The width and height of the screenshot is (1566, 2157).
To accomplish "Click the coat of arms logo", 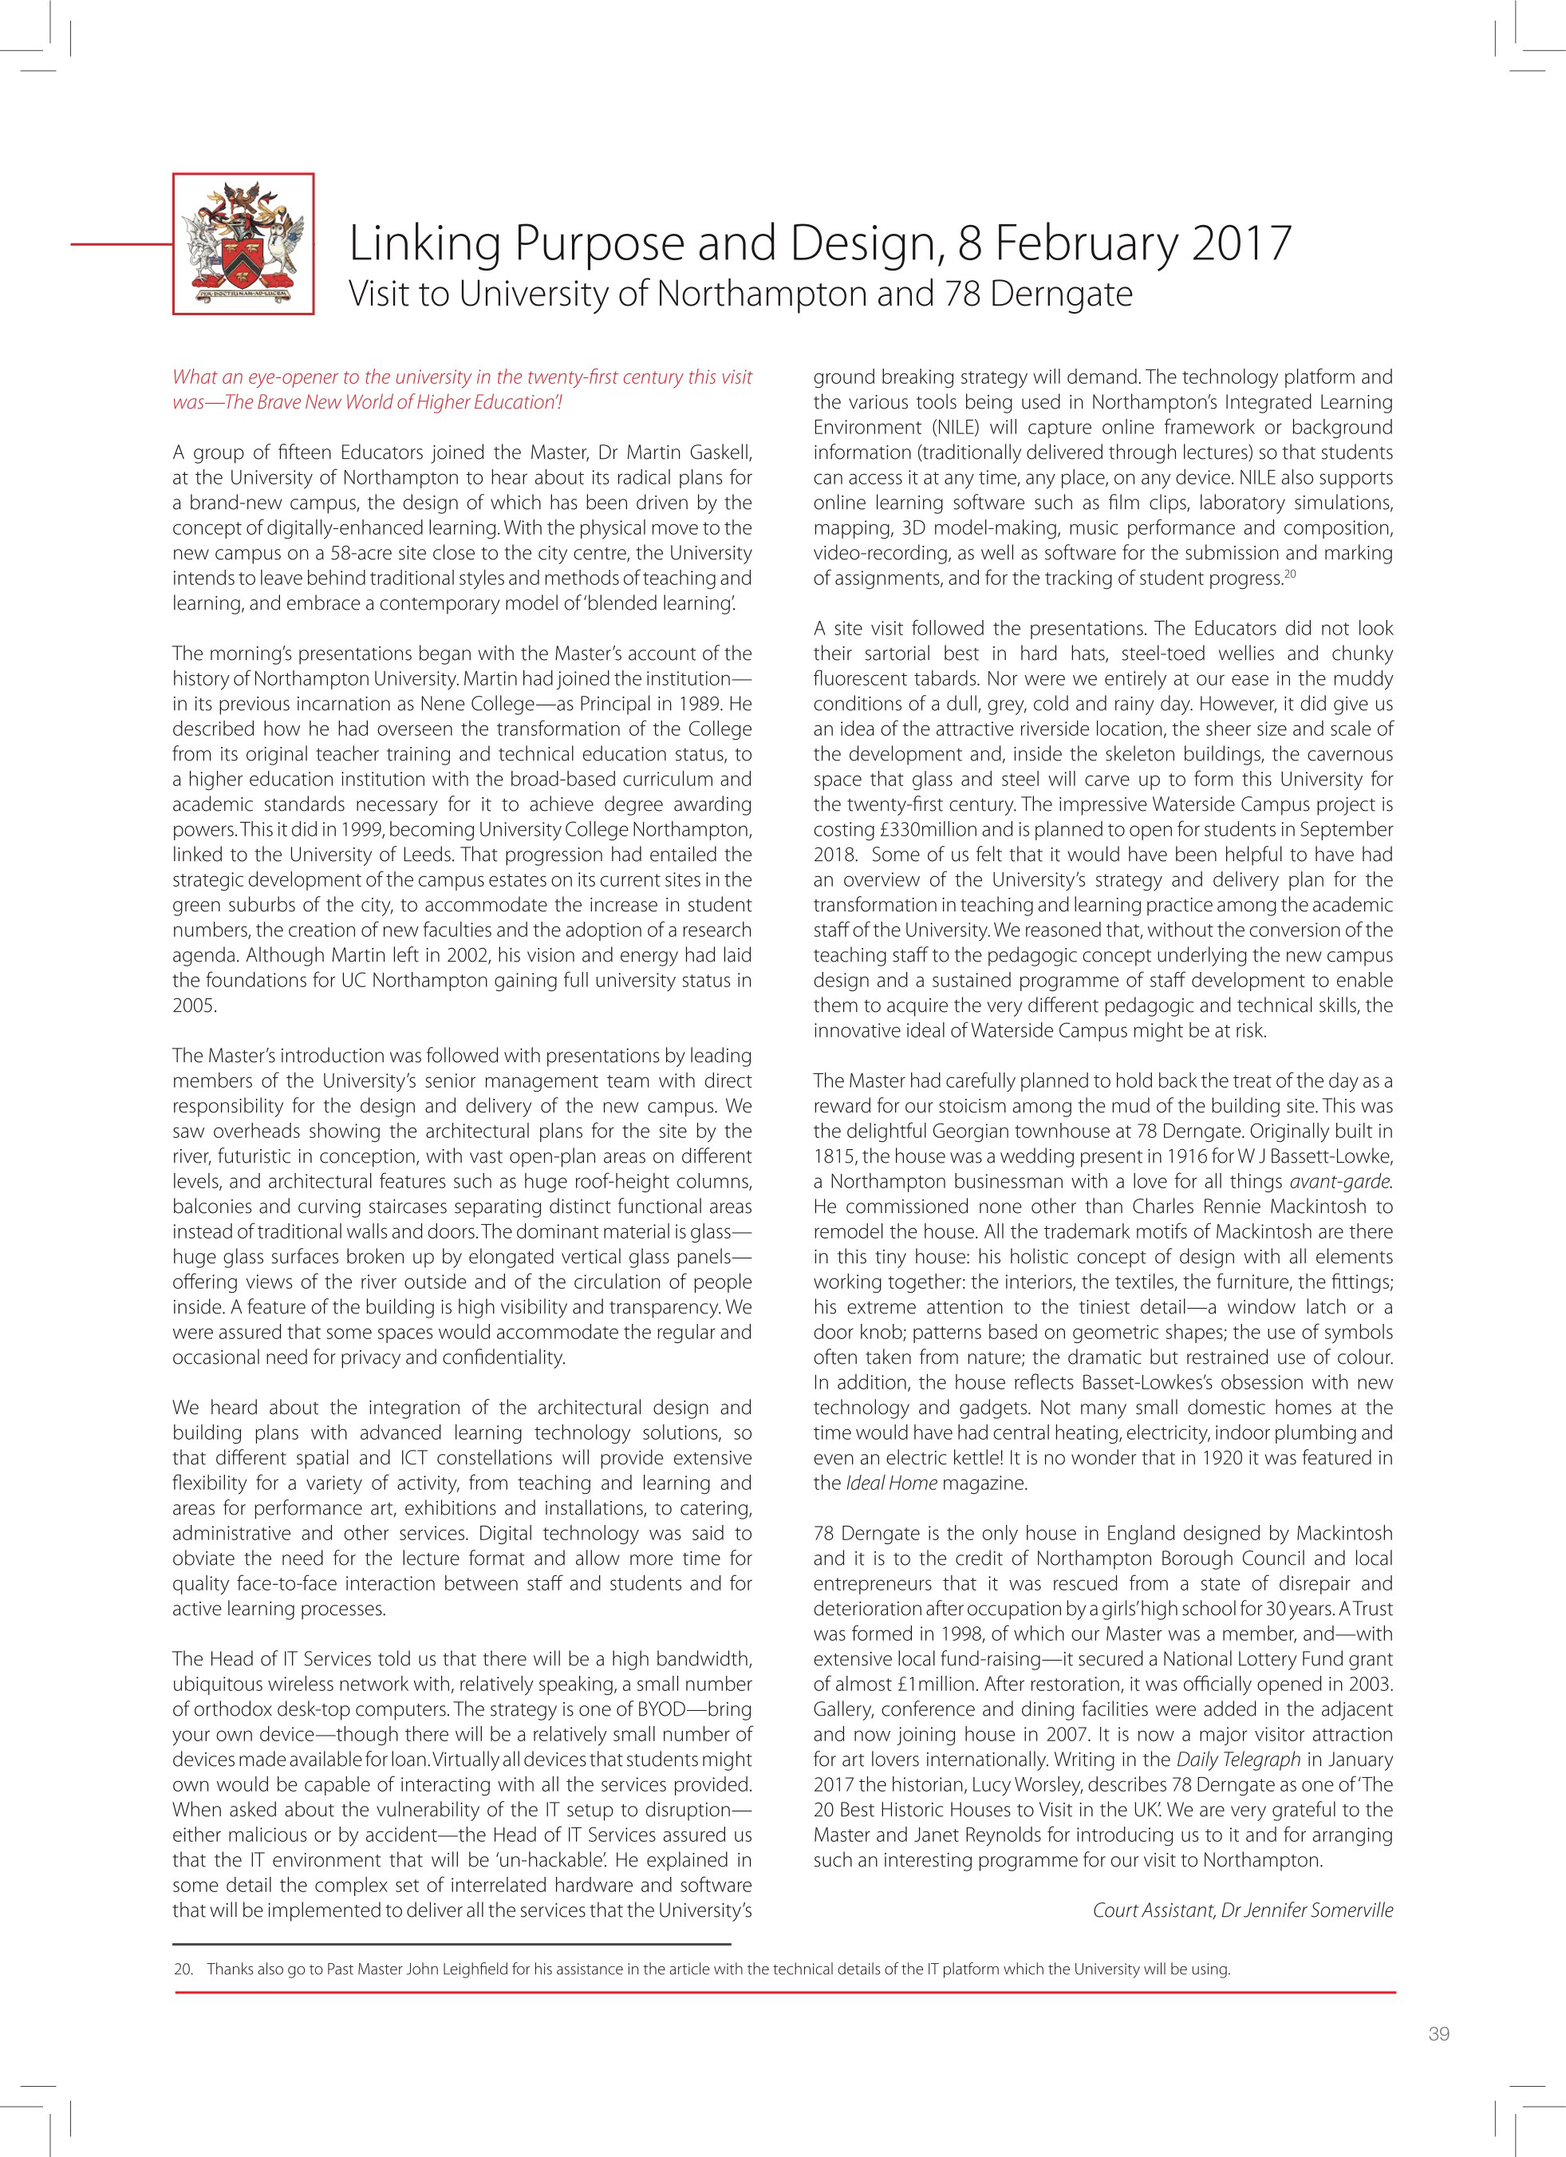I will tap(243, 243).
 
